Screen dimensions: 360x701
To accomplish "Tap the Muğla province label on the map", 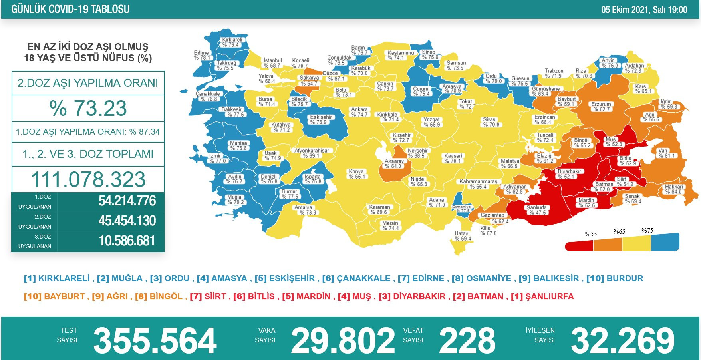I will (234, 199).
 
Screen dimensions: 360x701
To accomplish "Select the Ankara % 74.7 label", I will (359, 112).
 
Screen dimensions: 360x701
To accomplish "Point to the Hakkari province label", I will (673, 189).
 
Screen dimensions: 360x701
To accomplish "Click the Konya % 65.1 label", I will (356, 174).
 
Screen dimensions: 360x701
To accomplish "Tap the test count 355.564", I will (155, 340).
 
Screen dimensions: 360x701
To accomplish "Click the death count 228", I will (467, 340).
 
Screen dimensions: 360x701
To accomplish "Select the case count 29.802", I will (343, 340).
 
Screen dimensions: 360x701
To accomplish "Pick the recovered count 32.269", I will (622, 340).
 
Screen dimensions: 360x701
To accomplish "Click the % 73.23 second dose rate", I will (88, 108).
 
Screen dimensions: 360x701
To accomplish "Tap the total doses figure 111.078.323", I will (88, 179).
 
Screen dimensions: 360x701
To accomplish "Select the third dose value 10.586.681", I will (127, 241).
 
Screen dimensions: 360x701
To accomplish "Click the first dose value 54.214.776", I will (127, 201).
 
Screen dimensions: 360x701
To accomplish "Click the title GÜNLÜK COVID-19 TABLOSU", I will (70, 9).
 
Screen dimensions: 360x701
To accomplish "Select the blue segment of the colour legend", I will (665, 242).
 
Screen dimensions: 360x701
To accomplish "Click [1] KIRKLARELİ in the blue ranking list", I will (57, 278).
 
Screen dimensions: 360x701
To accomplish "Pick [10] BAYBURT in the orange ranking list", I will (54, 296).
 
